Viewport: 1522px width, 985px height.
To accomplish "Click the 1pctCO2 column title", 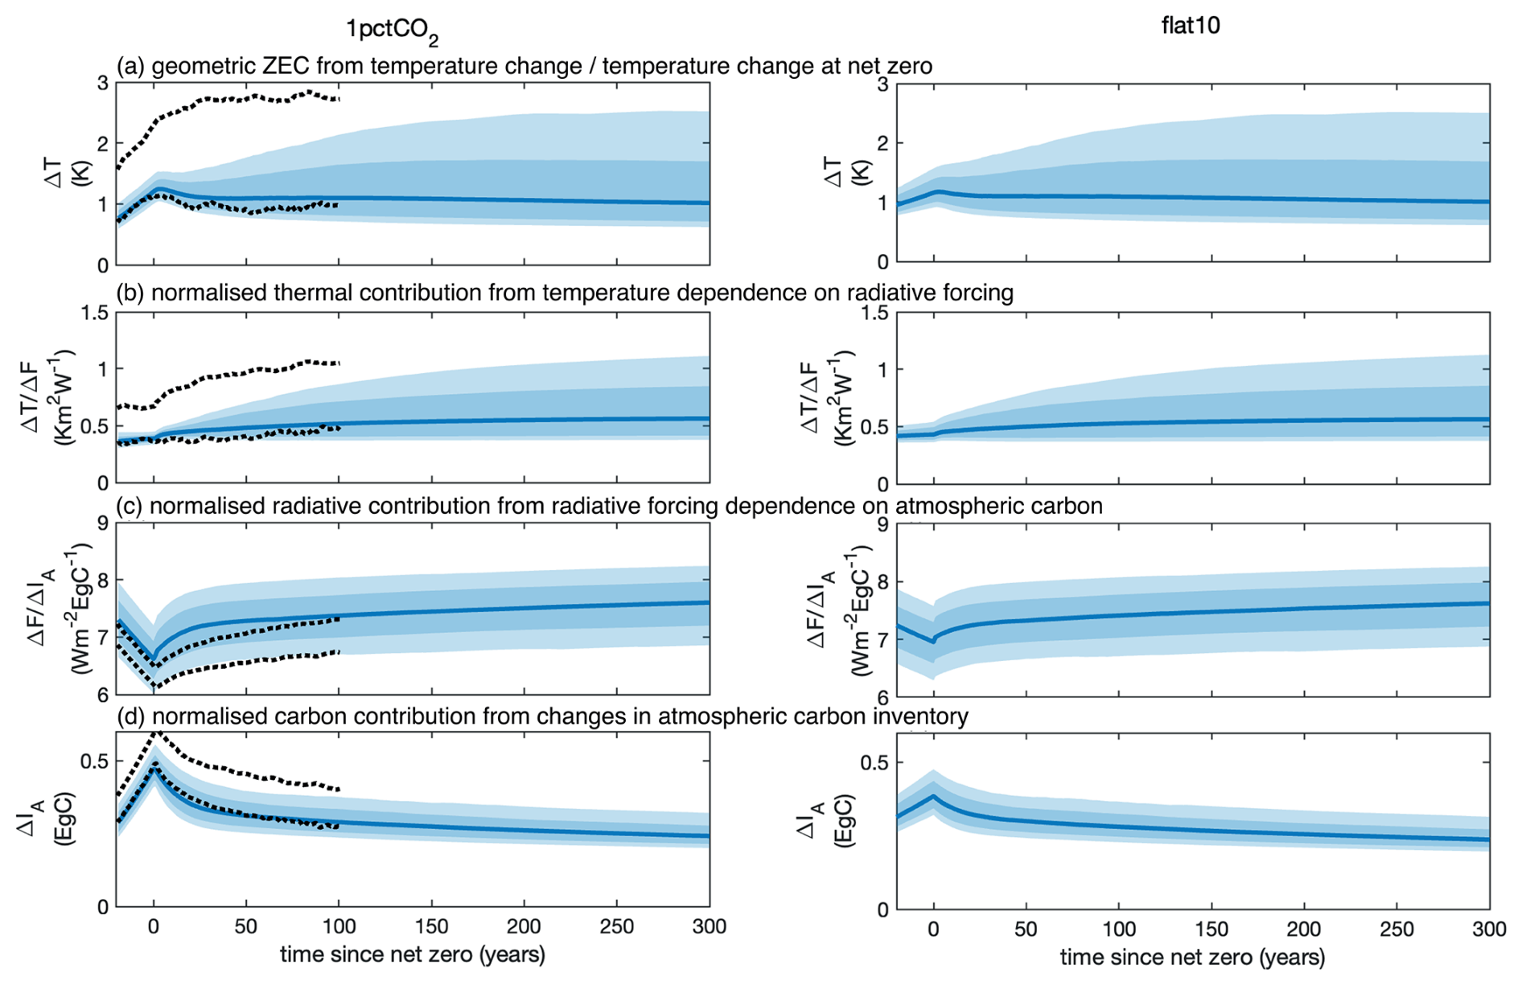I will (392, 31).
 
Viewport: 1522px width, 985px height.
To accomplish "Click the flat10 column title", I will (1191, 26).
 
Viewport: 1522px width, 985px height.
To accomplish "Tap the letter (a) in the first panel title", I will (130, 66).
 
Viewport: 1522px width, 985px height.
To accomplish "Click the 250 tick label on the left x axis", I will (617, 926).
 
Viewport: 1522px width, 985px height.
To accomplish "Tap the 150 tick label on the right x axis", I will (1211, 930).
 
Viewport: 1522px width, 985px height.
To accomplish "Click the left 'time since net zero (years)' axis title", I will (413, 955).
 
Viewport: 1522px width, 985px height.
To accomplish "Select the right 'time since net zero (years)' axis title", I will (1192, 958).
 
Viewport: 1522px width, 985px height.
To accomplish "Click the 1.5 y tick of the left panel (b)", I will (94, 313).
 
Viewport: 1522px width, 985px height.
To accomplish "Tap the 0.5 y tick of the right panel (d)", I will (874, 762).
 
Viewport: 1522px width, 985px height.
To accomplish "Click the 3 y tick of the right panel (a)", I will (882, 84).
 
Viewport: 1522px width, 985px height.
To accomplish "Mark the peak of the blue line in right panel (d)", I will (933, 796).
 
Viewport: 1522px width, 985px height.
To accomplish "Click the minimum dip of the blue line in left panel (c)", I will (154, 659).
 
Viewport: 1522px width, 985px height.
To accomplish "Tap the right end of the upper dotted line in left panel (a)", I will (339, 99).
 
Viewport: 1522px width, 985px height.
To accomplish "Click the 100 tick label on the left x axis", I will (339, 926).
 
